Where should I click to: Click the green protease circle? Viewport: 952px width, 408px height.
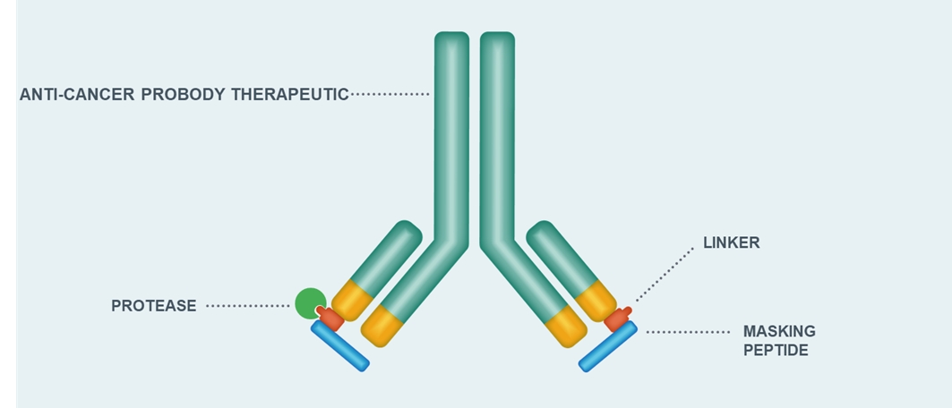[x=310, y=303]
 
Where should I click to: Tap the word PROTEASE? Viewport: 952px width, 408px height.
[x=154, y=306]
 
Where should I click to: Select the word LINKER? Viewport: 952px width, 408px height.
[x=732, y=243]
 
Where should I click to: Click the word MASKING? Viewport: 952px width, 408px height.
[x=779, y=332]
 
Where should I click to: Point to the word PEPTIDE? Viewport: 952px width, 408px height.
[x=776, y=351]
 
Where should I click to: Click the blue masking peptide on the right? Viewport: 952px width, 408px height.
[x=608, y=346]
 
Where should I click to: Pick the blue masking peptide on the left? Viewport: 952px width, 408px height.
[x=340, y=346]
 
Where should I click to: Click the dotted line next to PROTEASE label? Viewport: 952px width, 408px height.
[x=248, y=306]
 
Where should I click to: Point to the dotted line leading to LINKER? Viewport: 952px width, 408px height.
[x=665, y=275]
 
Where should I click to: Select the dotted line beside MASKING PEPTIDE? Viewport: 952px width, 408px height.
[x=688, y=332]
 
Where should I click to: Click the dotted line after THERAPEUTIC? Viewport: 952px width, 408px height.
[x=390, y=95]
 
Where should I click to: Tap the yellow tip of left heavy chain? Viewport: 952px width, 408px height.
[x=382, y=327]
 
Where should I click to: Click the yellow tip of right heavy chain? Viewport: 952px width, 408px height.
[x=565, y=327]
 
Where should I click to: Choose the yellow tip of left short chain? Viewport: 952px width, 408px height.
[x=352, y=301]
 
